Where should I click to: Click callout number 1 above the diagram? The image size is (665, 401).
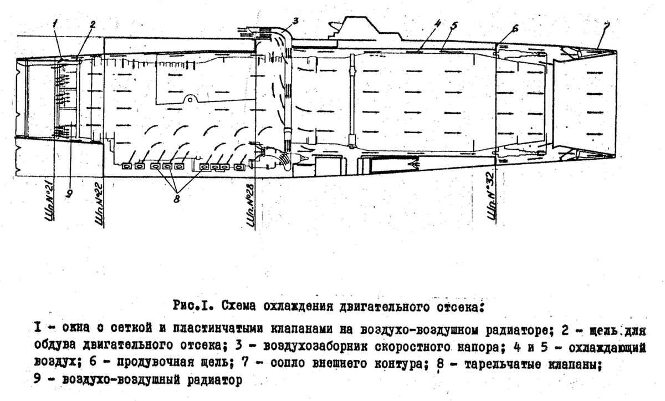56,23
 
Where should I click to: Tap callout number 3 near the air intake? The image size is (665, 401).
295,21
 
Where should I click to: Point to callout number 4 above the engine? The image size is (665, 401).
437,24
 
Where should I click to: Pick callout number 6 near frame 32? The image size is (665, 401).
516,28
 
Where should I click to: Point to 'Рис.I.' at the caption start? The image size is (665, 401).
194,306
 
